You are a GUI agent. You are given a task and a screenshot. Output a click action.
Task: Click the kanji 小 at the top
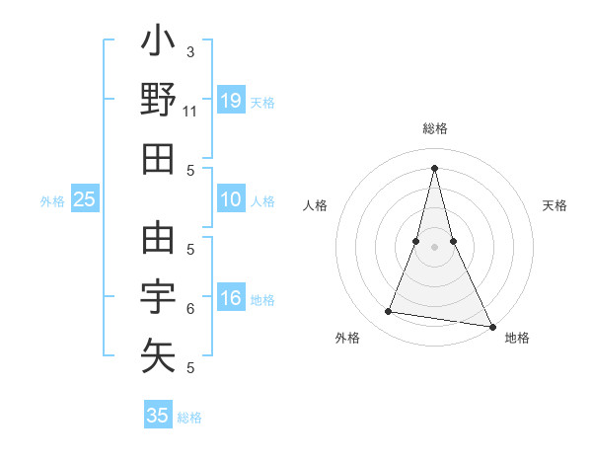[158, 44]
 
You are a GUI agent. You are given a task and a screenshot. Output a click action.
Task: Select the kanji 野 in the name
[158, 102]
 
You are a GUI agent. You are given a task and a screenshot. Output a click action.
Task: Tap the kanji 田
[158, 159]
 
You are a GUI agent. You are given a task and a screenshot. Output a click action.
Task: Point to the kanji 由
[158, 239]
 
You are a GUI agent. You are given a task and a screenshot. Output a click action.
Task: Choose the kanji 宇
[158, 296]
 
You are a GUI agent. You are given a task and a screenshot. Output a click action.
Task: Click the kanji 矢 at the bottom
[158, 353]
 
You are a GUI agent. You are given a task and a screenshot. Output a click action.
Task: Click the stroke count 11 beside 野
[189, 112]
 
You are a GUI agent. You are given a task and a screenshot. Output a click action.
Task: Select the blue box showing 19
[231, 101]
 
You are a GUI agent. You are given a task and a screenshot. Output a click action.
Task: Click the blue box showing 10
[231, 199]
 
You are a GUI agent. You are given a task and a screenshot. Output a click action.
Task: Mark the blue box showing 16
[231, 299]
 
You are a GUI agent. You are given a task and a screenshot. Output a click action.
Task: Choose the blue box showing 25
[84, 199]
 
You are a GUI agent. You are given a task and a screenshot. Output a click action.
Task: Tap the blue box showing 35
[158, 416]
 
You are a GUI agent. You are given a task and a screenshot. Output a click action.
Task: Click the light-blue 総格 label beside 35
[189, 418]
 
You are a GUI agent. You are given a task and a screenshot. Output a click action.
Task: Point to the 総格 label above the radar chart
[435, 128]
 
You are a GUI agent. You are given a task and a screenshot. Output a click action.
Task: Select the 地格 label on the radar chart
[517, 338]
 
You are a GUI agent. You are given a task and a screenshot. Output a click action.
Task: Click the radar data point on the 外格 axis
[389, 312]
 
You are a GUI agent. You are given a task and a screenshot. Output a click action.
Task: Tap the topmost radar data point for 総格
[435, 167]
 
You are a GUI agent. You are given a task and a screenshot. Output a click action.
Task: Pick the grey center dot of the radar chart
[435, 246]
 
